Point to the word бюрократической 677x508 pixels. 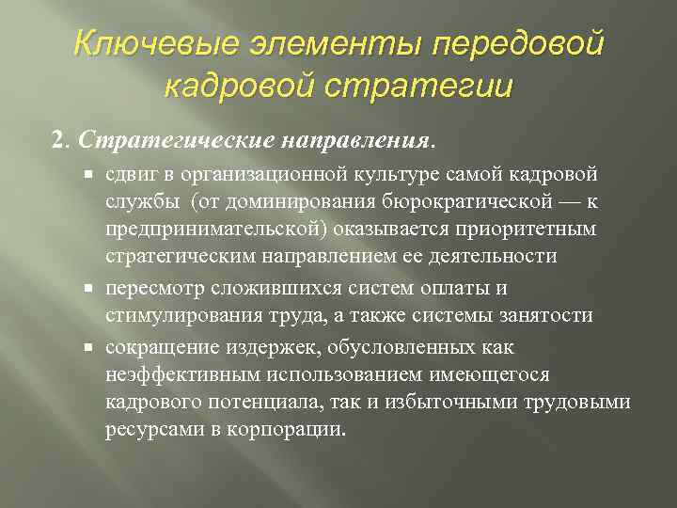(x=471, y=201)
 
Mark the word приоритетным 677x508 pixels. (x=537, y=229)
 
